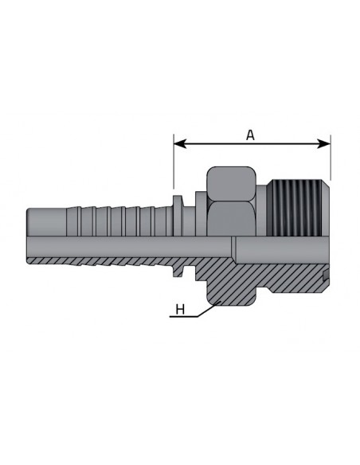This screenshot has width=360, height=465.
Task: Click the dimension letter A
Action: click(x=250, y=135)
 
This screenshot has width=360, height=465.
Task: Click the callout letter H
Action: click(x=180, y=309)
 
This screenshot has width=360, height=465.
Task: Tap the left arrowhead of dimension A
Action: click(x=180, y=144)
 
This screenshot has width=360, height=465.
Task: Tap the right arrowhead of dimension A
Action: click(x=324, y=144)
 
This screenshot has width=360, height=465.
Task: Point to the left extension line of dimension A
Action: click(x=174, y=161)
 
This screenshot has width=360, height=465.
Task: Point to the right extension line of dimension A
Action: click(x=331, y=157)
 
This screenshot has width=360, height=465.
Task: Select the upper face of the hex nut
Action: click(x=231, y=184)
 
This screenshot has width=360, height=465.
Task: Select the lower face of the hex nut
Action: click(x=231, y=219)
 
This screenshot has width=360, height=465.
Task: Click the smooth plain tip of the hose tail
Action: click(x=46, y=222)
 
